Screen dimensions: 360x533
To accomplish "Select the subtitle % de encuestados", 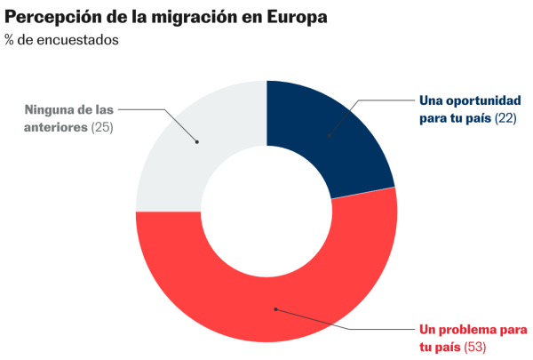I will click(x=61, y=40).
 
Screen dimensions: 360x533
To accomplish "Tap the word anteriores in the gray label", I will click(x=54, y=127).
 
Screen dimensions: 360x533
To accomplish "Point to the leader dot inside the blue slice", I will click(x=329, y=136).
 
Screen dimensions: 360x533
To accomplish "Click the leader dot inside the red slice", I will click(x=276, y=309).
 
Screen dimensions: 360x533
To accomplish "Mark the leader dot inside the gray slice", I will click(x=197, y=141).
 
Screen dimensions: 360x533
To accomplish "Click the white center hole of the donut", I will click(x=266, y=212).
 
